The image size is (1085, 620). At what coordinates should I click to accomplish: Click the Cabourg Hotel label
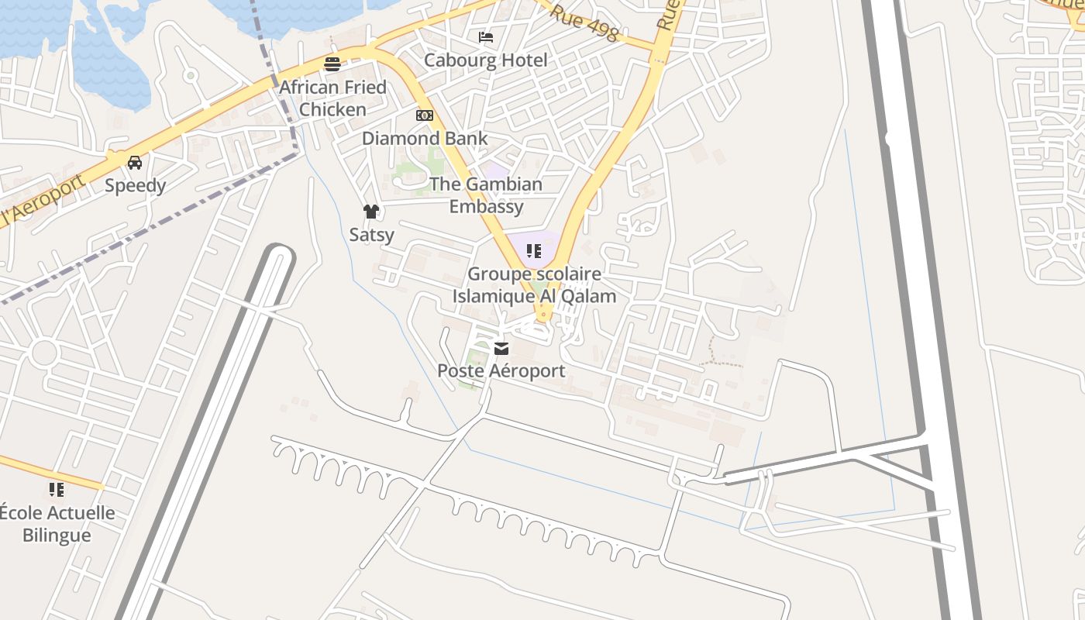tap(485, 60)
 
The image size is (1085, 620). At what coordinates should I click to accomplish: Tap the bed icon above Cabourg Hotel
tap(486, 36)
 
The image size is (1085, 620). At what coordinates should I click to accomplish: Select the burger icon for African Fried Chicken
tap(332, 64)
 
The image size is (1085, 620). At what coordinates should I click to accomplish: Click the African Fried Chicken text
tap(332, 98)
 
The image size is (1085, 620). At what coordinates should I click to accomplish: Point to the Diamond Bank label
tap(425, 139)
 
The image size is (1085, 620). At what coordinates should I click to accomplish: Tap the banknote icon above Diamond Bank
tap(425, 115)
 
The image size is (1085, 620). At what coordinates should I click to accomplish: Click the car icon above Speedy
tap(135, 162)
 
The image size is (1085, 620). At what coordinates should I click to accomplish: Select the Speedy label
tap(135, 185)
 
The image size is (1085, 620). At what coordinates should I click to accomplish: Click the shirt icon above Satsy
tap(371, 211)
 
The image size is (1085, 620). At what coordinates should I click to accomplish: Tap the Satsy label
tap(371, 234)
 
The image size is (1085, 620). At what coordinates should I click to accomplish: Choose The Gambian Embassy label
tap(486, 195)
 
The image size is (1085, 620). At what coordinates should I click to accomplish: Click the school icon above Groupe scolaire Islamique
tap(533, 250)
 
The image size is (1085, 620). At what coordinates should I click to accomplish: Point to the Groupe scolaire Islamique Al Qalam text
tap(534, 285)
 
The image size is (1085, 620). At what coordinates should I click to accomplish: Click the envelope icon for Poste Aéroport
tap(501, 349)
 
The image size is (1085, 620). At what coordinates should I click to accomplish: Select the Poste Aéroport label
tap(501, 371)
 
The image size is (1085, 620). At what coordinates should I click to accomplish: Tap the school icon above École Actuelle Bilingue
tap(57, 489)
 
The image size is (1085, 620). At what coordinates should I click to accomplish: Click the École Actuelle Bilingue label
tap(57, 524)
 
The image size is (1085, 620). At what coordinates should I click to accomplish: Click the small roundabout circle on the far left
tap(44, 353)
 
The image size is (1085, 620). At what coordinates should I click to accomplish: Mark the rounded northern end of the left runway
tap(279, 252)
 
